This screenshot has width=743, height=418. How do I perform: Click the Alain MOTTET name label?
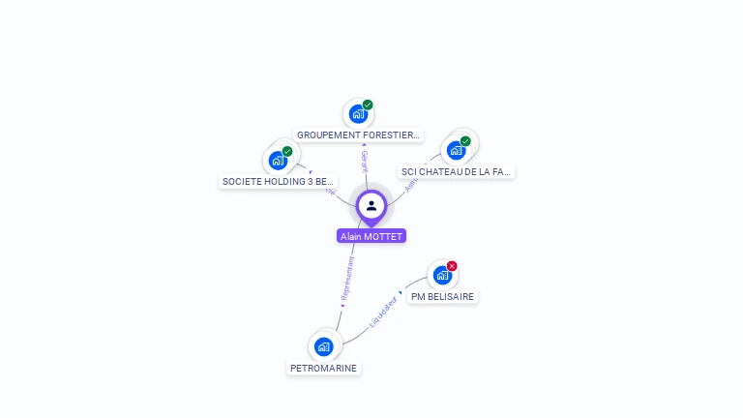pos(371,236)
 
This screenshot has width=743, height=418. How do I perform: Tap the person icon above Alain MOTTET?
pos(371,205)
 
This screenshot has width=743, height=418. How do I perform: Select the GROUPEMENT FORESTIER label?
pos(358,135)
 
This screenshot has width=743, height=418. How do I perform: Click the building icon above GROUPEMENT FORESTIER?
pos(358,114)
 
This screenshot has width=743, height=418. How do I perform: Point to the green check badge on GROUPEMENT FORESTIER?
pos(368,104)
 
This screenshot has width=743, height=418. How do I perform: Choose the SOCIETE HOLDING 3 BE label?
pos(278,181)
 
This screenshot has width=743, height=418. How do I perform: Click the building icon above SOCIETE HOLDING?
pos(278,160)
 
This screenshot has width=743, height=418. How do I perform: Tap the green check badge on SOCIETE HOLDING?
pos(287,151)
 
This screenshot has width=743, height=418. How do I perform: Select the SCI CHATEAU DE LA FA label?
pos(456,171)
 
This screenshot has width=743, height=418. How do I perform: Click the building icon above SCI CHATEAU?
pos(456,150)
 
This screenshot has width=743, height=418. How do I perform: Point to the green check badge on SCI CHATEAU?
pos(465,141)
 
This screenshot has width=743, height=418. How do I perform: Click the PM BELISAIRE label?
pos(442,296)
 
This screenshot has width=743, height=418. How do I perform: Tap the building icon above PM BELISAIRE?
pos(442,275)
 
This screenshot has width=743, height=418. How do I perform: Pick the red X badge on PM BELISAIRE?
pos(452,266)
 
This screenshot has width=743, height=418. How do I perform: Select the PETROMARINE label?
pos(323,368)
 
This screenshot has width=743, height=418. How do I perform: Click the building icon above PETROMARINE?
pos(323,346)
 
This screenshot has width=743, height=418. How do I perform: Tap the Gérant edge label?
pos(365,161)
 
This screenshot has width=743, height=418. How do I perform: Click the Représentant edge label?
pos(348,277)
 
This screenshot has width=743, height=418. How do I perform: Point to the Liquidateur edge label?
pos(383,313)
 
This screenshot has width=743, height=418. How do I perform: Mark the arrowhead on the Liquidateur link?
pos(401,292)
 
